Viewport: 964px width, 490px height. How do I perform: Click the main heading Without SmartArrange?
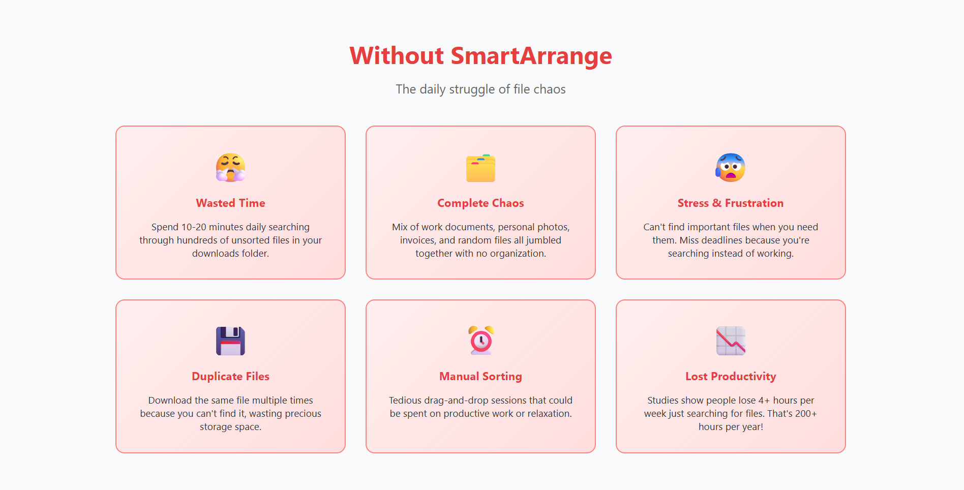[x=480, y=56]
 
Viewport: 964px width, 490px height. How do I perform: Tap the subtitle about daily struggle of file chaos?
[x=480, y=89]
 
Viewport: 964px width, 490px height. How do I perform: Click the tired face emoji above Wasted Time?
[x=230, y=168]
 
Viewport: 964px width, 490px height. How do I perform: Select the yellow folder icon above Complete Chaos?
[x=480, y=168]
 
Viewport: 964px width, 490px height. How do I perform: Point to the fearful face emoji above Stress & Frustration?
[x=731, y=168]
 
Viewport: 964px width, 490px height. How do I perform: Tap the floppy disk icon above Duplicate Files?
[x=230, y=341]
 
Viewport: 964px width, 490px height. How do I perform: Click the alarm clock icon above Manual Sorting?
[x=481, y=341]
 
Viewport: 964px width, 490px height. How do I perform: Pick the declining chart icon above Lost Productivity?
[x=731, y=341]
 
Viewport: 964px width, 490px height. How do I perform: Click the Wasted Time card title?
[x=230, y=203]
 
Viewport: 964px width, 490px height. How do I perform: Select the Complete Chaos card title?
[x=480, y=203]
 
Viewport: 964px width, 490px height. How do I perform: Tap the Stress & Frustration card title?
[x=731, y=203]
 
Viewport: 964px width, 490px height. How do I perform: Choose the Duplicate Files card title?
[x=230, y=377]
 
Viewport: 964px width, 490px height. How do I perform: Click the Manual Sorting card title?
[x=480, y=377]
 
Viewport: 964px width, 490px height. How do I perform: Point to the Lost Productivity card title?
[x=731, y=377]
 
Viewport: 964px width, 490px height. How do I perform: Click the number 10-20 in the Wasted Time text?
[x=194, y=227]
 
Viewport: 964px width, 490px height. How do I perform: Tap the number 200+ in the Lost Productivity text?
[x=806, y=414]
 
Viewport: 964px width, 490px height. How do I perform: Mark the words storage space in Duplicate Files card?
[x=230, y=427]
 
